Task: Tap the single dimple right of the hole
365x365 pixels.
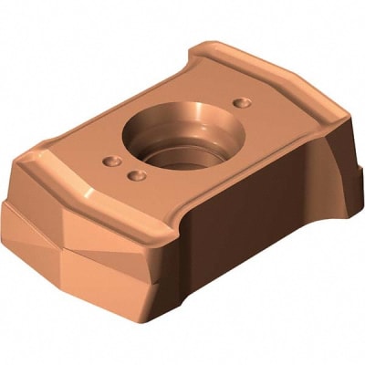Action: (x=240, y=102)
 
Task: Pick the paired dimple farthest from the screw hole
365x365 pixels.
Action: (x=111, y=162)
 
